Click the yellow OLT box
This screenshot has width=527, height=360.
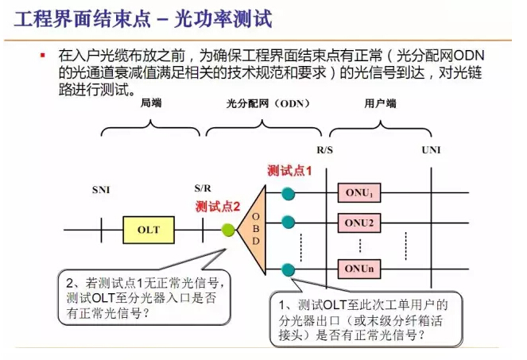pos(149,230)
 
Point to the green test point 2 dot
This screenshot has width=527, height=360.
pos(229,230)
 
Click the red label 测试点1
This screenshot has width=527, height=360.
pos(289,170)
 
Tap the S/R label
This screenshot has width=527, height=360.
pos(203,189)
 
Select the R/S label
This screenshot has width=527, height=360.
pos(325,149)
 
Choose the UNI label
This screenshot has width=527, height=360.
pos(431,149)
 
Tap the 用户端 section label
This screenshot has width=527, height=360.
pos(380,104)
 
